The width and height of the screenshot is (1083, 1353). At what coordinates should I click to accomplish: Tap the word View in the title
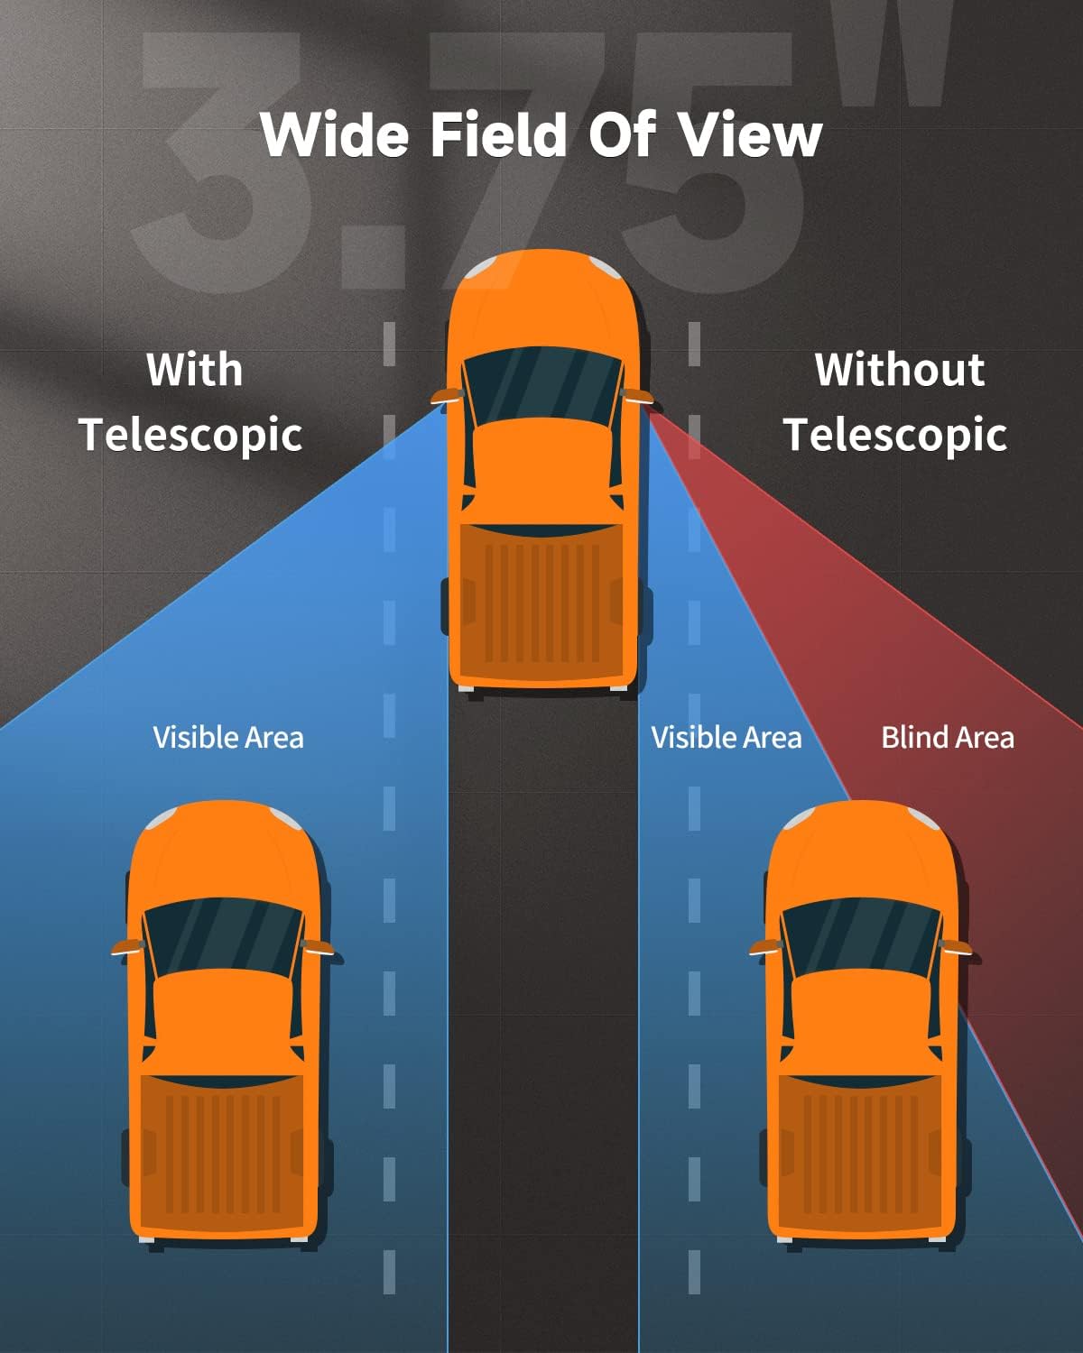tap(750, 135)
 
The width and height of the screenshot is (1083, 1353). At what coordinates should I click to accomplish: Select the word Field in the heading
tap(499, 135)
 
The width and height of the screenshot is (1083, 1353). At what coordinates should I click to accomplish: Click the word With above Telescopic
tap(195, 370)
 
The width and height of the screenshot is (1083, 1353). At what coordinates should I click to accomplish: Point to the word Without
tap(899, 370)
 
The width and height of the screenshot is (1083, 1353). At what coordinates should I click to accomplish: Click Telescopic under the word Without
tap(895, 435)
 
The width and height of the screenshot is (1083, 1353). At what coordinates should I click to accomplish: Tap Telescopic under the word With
tap(190, 435)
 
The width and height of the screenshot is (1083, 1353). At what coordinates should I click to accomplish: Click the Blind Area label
tap(948, 738)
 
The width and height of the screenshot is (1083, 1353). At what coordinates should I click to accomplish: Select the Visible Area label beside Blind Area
tap(727, 738)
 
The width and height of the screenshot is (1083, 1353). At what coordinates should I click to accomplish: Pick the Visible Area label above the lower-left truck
tap(228, 738)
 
